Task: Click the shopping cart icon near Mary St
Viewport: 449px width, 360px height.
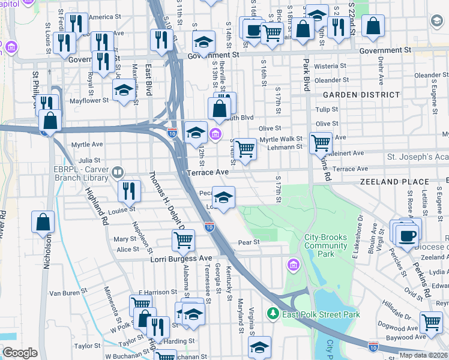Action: coord(183,240)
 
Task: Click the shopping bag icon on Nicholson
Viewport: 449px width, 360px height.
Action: coord(44,221)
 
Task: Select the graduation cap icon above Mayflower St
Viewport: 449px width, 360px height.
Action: coord(124,91)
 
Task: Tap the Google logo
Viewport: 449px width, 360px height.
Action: coord(20,353)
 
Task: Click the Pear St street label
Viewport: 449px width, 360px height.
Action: coord(248,242)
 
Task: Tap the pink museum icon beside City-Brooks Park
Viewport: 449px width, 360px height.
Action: coord(294,265)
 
